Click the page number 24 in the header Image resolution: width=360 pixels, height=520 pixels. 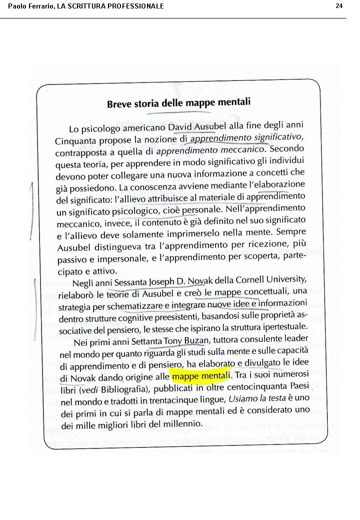[x=339, y=6]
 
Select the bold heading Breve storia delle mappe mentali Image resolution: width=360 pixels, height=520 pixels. [x=178, y=103]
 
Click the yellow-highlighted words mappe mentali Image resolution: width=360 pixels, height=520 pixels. [x=200, y=374]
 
